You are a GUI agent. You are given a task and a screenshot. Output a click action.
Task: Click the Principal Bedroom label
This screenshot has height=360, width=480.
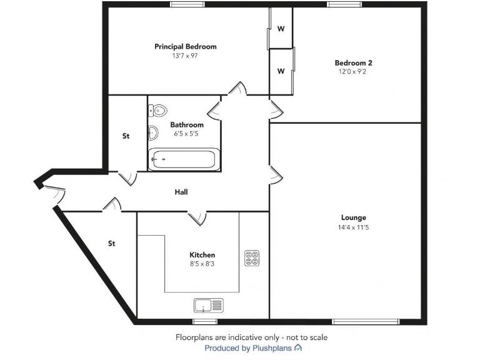(x=186, y=47)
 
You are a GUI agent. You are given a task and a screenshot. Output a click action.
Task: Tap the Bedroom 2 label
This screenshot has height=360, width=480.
(x=354, y=63)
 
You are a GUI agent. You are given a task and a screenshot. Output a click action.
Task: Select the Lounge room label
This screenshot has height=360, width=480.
(x=354, y=217)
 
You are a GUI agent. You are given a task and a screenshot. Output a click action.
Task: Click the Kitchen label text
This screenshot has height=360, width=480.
(x=202, y=255)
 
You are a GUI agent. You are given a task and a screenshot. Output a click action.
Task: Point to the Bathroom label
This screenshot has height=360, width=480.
(x=187, y=125)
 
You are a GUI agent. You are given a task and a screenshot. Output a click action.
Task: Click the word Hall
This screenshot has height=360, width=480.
(x=181, y=192)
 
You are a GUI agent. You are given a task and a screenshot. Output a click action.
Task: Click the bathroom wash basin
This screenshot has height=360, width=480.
(x=152, y=132)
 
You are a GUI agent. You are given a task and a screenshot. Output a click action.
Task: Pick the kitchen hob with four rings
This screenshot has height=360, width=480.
(x=252, y=258)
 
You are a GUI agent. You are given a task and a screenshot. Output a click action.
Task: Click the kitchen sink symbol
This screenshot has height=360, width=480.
(x=209, y=306)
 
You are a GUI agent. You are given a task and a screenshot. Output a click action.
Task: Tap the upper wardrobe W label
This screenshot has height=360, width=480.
(x=281, y=29)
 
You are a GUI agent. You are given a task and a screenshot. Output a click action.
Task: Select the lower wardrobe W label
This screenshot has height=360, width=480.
(x=281, y=71)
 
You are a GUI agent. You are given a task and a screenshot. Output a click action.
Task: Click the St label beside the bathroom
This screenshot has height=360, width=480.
(x=126, y=136)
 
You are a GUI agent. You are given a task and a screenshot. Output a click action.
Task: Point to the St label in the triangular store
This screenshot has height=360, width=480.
(x=112, y=244)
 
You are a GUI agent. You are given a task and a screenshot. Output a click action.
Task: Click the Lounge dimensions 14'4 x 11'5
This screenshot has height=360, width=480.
(x=354, y=227)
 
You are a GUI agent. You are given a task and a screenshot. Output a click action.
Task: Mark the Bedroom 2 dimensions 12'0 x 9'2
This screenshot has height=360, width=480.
(x=354, y=72)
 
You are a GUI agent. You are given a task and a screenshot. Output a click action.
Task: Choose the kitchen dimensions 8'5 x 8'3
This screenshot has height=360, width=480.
(x=202, y=264)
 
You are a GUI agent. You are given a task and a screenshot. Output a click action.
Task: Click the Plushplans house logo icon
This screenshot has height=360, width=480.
(x=298, y=347)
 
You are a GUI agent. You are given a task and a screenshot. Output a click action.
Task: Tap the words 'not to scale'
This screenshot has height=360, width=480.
(x=306, y=337)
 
